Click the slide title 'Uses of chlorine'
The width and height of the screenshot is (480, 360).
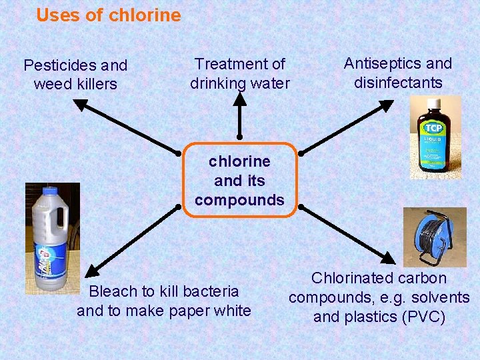(x=108, y=15)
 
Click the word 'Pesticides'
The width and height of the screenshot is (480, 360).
(x=56, y=65)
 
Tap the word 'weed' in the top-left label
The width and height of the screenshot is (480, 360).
(x=50, y=84)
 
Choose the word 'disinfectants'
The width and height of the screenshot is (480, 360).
(x=398, y=83)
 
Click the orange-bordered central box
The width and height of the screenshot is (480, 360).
(x=239, y=180)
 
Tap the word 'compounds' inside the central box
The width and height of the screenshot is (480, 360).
(x=239, y=199)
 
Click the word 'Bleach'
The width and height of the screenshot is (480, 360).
(x=112, y=291)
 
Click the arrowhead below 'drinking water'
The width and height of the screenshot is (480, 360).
(x=239, y=98)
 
